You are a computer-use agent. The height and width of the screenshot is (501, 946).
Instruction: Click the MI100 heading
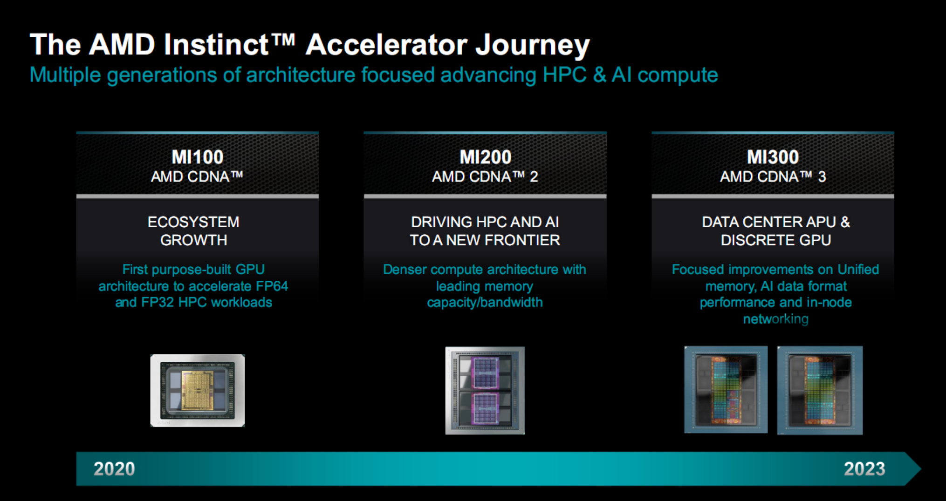point(198,157)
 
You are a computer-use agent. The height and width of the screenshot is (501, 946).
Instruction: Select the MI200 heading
point(485,157)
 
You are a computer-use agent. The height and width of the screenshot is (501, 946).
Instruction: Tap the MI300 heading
point(773,157)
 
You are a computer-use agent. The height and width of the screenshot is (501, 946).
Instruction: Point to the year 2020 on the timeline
point(114,469)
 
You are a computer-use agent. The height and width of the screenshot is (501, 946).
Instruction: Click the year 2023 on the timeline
point(864,469)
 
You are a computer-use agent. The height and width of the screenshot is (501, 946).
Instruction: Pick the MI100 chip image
point(198,390)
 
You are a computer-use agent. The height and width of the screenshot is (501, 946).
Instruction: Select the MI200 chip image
point(485,390)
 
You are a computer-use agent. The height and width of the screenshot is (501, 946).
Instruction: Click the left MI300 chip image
point(726,390)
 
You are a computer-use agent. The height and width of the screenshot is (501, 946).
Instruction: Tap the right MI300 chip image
point(820,390)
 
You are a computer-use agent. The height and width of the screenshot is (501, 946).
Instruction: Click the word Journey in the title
point(533,45)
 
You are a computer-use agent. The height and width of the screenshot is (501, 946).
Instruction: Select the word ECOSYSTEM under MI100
point(193,222)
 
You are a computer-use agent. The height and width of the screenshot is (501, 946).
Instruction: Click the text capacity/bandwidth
point(485,303)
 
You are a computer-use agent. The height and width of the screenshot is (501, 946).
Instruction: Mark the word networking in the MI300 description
point(775,319)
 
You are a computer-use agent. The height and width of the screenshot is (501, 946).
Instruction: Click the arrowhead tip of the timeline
point(921,469)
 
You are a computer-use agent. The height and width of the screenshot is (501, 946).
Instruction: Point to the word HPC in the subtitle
point(564,75)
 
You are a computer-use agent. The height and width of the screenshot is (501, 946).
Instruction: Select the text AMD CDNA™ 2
point(485,177)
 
